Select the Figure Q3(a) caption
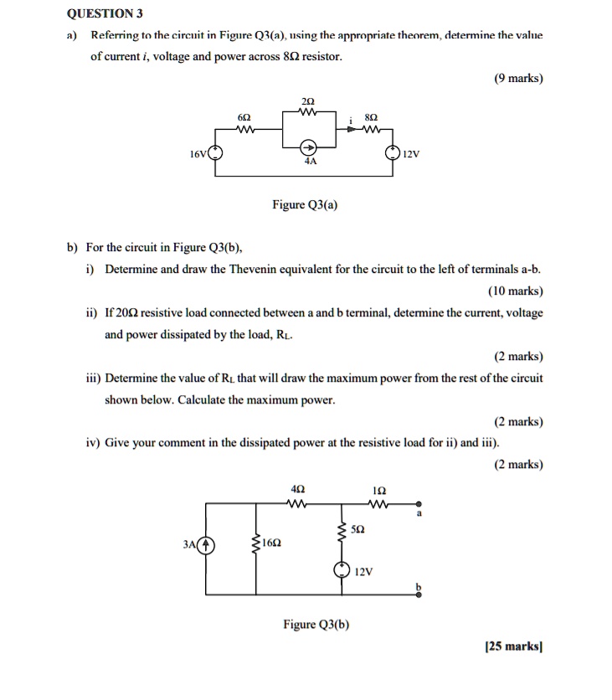[x=305, y=204]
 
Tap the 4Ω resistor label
[x=297, y=488]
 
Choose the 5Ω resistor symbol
[x=341, y=530]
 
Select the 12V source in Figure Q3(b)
[x=341, y=570]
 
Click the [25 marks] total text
[x=514, y=646]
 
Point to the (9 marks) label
[x=518, y=78]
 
